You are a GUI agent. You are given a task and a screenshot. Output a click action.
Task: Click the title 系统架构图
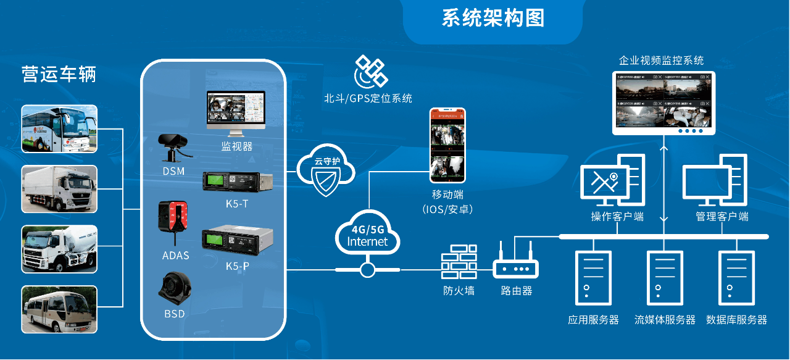pos(493,18)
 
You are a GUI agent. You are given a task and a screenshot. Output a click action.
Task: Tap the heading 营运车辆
pos(59,74)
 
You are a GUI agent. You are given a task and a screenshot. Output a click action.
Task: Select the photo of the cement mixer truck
pos(59,249)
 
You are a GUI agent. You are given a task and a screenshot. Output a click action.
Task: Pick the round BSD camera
pos(173,288)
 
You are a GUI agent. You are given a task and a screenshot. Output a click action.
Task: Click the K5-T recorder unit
pos(237,182)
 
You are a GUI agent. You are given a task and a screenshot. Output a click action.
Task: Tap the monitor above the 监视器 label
pos(236,113)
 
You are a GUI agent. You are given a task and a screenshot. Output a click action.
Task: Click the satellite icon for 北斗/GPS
pos(370,72)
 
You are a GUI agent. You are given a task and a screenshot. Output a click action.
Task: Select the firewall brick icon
pos(459,263)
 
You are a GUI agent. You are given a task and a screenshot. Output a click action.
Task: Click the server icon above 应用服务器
pos(593,278)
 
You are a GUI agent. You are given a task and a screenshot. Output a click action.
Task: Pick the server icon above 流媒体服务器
pos(665,278)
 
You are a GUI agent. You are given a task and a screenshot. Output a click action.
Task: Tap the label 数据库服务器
pos(736,320)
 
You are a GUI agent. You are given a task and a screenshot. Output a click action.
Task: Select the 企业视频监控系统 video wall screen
pos(663,103)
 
